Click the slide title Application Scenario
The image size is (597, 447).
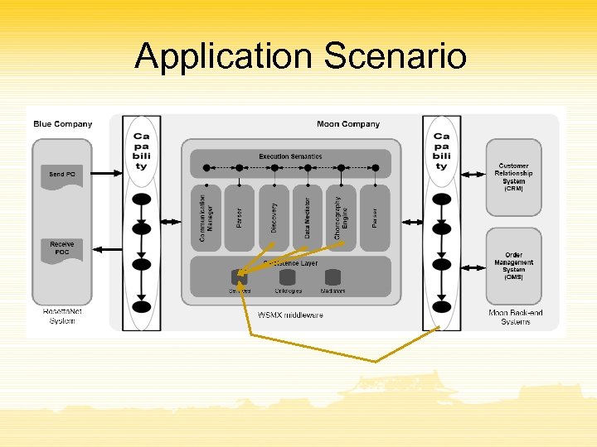coord(300,56)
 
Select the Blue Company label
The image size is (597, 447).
coord(63,124)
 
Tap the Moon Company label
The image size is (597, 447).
coord(348,124)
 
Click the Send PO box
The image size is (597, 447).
coord(62,175)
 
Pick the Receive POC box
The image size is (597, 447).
coord(62,248)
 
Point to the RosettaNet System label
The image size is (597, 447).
coord(62,316)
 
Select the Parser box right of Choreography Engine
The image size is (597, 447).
coord(375,218)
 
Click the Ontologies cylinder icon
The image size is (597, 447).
coord(288,277)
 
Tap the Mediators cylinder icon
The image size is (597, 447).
coord(333,277)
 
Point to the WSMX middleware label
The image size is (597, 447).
coord(290,315)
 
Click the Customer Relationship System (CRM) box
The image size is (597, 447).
coord(514,177)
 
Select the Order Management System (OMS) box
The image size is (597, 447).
coord(514,266)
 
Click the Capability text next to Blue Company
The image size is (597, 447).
coord(142,151)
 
